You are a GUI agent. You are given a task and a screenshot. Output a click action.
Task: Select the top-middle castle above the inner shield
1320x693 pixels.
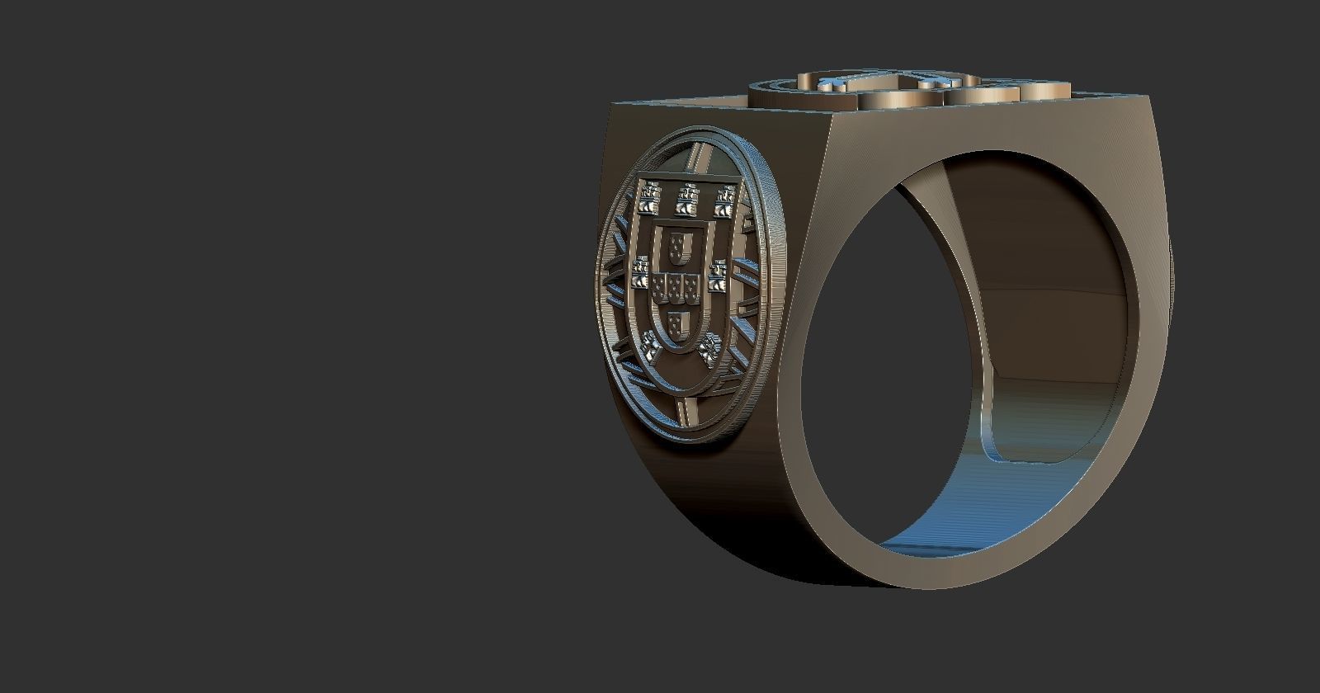point(685,197)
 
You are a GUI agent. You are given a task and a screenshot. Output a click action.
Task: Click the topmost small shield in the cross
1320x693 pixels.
point(679,244)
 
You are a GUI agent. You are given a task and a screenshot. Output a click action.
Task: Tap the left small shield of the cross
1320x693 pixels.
point(658,286)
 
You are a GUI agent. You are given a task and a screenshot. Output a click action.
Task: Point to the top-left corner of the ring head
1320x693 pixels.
point(615,104)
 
